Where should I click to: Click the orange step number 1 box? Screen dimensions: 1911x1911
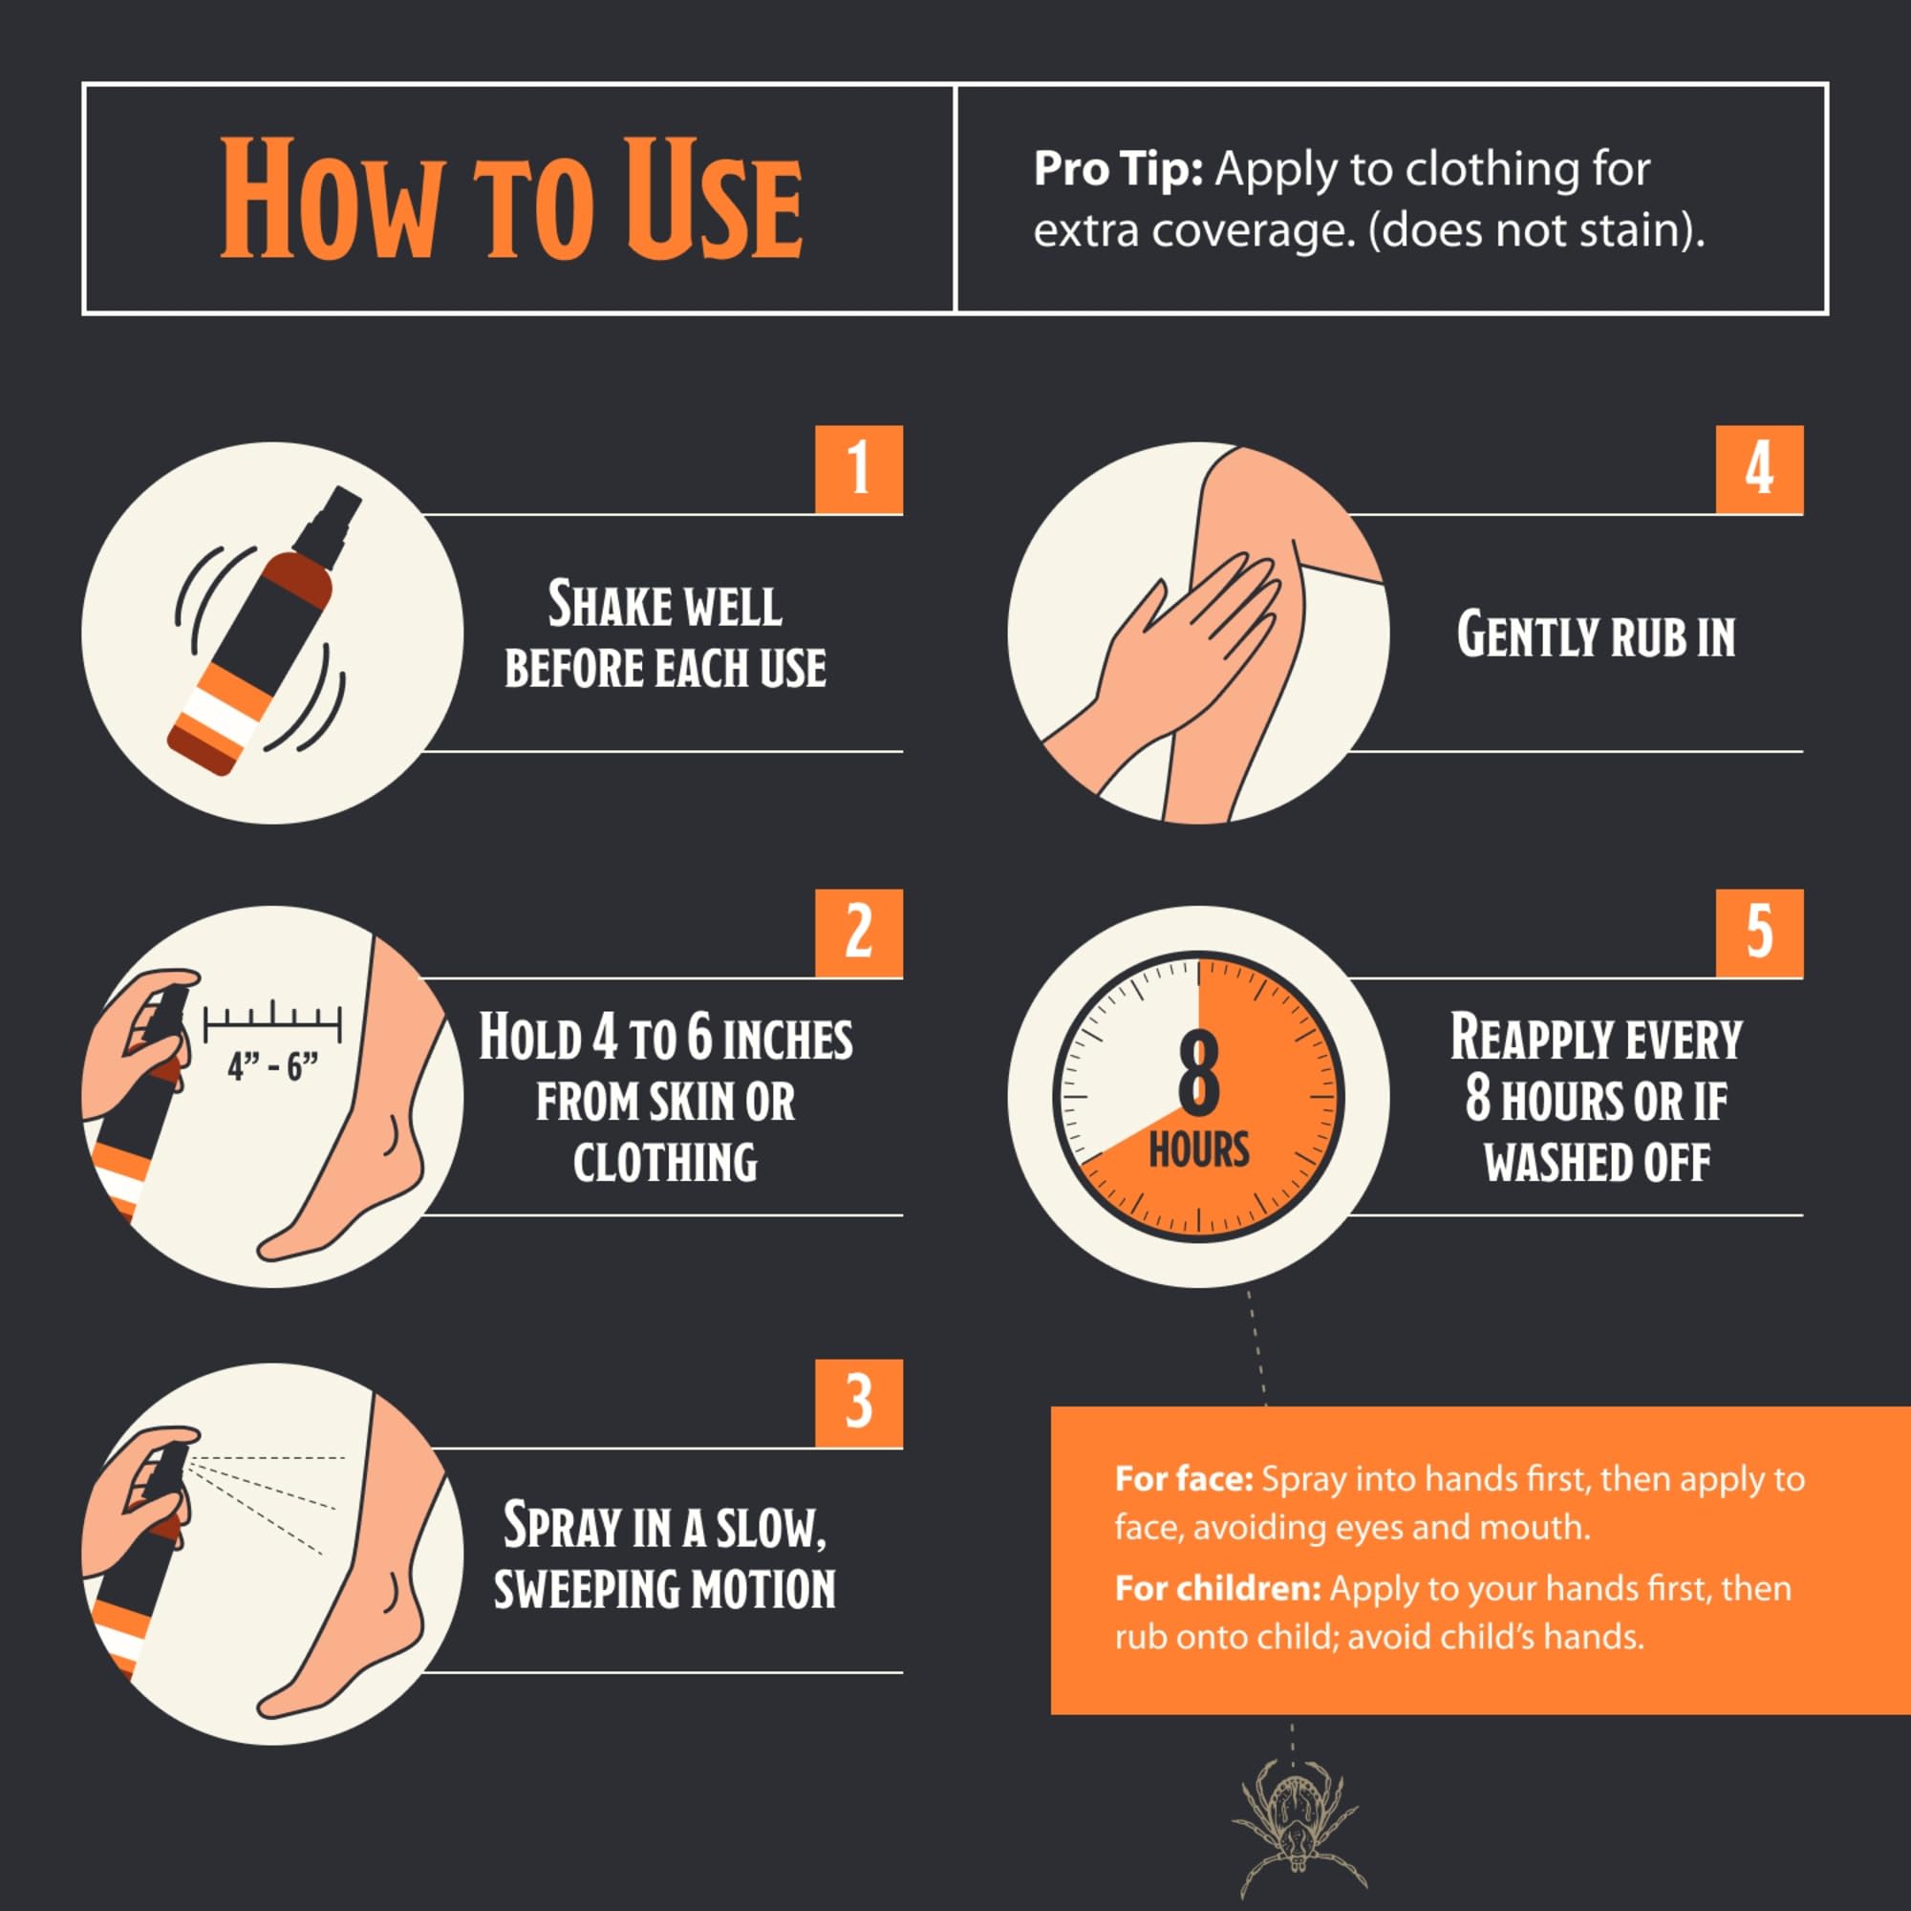tap(859, 469)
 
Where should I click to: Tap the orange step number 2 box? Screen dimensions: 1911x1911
tap(859, 933)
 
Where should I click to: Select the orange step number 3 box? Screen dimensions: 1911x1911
tap(859, 1403)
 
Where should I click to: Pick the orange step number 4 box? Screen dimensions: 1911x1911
tap(1759, 469)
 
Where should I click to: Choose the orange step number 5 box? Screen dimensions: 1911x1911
tap(1759, 933)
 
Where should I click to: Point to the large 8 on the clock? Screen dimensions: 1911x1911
tap(1199, 1074)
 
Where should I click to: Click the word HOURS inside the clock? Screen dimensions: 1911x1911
tap(1199, 1150)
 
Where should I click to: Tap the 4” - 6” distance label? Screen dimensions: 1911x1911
tap(273, 1066)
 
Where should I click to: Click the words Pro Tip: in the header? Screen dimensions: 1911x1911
tap(1118, 169)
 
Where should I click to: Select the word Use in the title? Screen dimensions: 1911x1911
tap(711, 198)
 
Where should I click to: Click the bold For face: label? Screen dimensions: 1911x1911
tap(1184, 1478)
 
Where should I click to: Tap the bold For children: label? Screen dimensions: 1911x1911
tap(1217, 1587)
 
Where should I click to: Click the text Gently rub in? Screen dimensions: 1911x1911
tap(1596, 635)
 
